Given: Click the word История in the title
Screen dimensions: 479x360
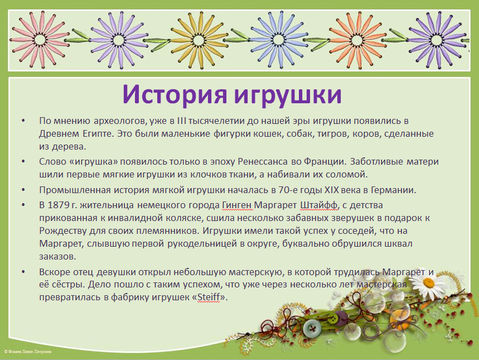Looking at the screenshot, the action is (175, 94).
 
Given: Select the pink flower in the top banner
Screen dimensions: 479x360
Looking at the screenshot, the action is (40, 40).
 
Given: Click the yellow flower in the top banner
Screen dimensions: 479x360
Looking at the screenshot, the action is (199, 40).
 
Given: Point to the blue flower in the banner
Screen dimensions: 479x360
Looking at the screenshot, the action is (278, 40).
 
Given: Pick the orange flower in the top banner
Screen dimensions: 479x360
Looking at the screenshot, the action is (357, 40).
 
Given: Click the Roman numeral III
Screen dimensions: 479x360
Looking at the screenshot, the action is (181, 121).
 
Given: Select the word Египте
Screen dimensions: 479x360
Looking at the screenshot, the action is (98, 134).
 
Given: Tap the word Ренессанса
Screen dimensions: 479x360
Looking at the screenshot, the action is (263, 161).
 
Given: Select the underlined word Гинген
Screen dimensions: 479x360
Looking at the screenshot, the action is (238, 205).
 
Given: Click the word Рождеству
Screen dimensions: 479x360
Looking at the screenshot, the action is (63, 231).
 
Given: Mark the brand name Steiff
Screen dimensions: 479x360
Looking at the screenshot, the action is (209, 297).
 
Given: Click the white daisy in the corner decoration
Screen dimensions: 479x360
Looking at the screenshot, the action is (430, 283).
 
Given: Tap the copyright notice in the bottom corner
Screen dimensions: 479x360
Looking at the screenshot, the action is (28, 352).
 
